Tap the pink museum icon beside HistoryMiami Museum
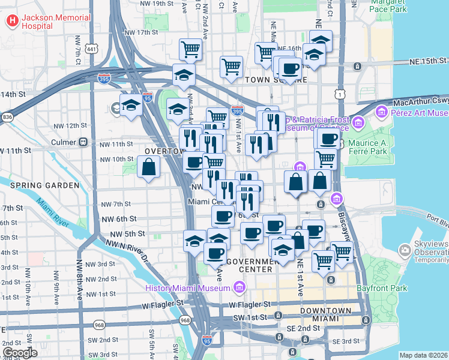point(239,289)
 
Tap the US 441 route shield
point(91,48)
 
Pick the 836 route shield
point(7,116)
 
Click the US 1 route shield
point(341,94)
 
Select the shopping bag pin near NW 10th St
point(148,167)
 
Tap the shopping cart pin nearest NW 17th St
point(190,49)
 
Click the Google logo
point(20,353)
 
